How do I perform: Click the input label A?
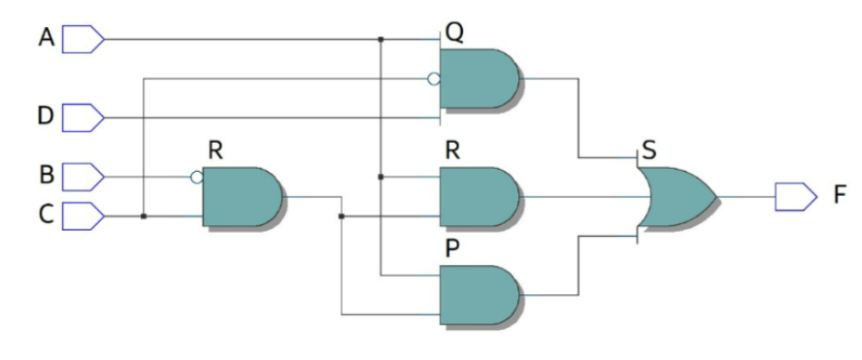click(x=45, y=39)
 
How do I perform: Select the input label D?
click(x=45, y=117)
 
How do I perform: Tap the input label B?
click(x=45, y=177)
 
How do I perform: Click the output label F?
click(x=840, y=197)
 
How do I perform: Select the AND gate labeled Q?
click(x=479, y=79)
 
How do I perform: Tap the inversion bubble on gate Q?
click(x=434, y=79)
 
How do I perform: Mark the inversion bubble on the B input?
click(x=197, y=178)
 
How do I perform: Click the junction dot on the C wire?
click(x=144, y=216)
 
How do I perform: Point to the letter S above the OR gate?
click(x=646, y=152)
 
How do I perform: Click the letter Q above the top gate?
click(x=453, y=32)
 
